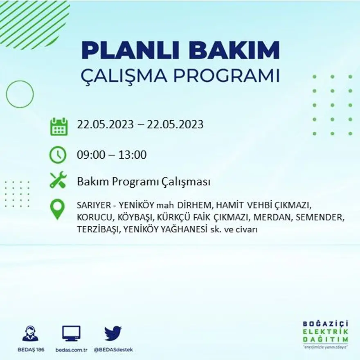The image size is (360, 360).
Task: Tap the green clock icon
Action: pos(58,155)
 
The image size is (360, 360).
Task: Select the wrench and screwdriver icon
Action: pos(58,180)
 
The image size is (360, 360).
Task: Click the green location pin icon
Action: pos(57,209)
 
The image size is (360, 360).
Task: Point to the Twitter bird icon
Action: pos(112,333)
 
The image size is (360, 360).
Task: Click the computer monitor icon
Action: pos(71,333)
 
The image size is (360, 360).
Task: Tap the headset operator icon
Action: pos(30,333)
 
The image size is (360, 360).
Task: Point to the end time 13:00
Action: pos(133,155)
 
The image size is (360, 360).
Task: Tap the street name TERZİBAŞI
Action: pos(97,229)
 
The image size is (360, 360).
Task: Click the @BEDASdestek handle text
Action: pos(113,350)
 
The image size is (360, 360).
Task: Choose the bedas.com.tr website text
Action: pos(72,350)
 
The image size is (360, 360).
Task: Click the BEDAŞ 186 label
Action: pos(31,350)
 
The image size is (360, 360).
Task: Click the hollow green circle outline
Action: pos(20,94)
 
